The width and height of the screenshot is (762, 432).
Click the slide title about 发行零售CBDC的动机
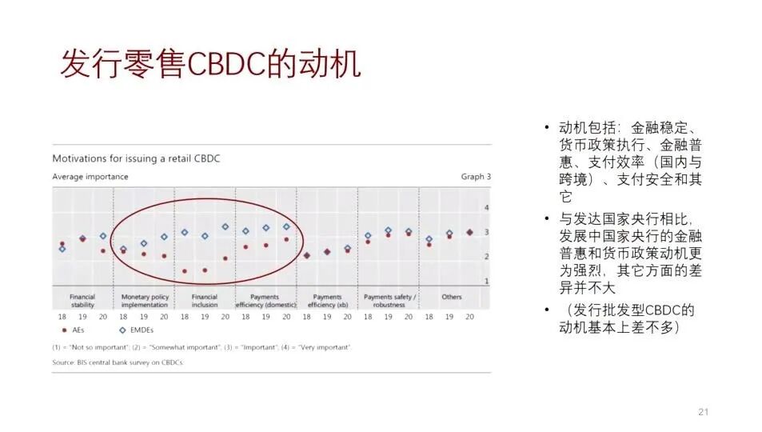coord(210,65)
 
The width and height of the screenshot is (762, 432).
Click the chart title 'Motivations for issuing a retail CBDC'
coord(136,158)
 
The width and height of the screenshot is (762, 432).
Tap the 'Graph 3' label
coord(476,177)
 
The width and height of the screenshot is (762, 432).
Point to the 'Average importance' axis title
coord(90,177)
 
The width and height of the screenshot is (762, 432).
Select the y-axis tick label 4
coord(485,208)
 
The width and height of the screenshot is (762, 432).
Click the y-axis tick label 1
coord(485,281)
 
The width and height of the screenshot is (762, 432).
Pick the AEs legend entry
coord(73,330)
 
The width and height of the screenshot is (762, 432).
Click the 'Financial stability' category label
coord(82,301)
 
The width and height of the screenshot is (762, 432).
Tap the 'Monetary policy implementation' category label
coord(145,301)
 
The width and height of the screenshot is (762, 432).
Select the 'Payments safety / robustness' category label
coord(389,301)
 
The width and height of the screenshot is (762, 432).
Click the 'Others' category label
coord(452,297)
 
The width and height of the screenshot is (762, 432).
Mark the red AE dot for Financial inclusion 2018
coord(185,271)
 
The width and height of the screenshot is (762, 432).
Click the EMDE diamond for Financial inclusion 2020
coord(225,226)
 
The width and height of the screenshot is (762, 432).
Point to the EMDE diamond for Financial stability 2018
coord(62,249)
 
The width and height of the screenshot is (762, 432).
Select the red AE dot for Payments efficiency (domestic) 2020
coord(286,239)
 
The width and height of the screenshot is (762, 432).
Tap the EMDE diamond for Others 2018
coord(429,239)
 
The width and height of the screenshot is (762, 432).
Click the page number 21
coord(704,412)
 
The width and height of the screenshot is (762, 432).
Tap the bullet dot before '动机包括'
coord(546,127)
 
